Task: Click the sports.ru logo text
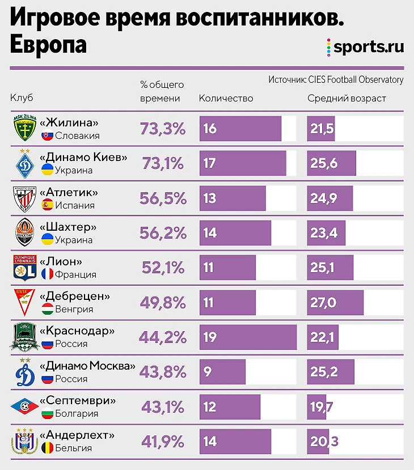pyautogui.click(x=369, y=46)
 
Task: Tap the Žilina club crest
pyautogui.click(x=25, y=129)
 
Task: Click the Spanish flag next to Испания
pyautogui.click(x=47, y=205)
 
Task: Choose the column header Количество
pyautogui.click(x=226, y=98)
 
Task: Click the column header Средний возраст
pyautogui.click(x=347, y=98)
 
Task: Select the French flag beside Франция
pyautogui.click(x=47, y=275)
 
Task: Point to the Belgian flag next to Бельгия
pyautogui.click(x=47, y=448)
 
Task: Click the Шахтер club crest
pyautogui.click(x=25, y=233)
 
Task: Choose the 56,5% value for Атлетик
pyautogui.click(x=163, y=198)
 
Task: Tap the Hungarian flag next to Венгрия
pyautogui.click(x=47, y=310)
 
